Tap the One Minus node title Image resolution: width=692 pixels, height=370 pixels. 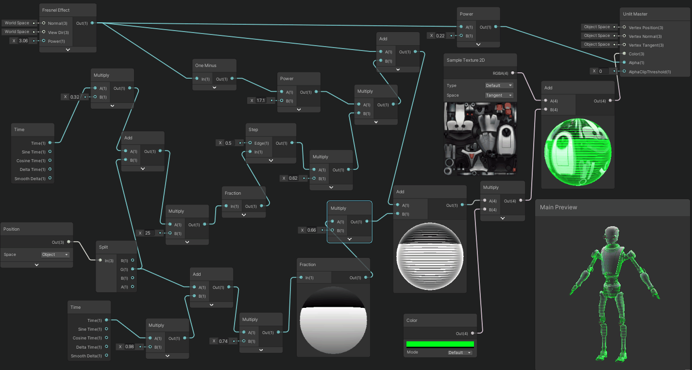coord(206,66)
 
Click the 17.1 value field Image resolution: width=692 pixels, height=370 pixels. coord(261,101)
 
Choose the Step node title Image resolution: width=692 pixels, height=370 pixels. coord(253,130)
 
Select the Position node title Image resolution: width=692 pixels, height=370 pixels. coord(12,229)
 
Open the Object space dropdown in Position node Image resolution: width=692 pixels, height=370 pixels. coord(55,254)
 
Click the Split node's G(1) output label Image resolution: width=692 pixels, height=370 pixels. coord(125,269)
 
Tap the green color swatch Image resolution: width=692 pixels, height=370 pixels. coord(440,344)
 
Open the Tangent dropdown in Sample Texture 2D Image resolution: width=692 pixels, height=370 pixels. coord(499,95)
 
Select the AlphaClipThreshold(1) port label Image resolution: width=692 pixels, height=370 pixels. coord(650,72)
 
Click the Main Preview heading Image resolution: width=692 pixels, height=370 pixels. coord(558,207)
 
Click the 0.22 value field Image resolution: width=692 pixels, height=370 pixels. coord(440,35)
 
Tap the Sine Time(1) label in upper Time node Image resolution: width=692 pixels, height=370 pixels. coord(34,152)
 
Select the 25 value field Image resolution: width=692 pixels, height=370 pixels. coord(148,233)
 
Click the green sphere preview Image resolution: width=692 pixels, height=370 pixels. coord(578,151)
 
